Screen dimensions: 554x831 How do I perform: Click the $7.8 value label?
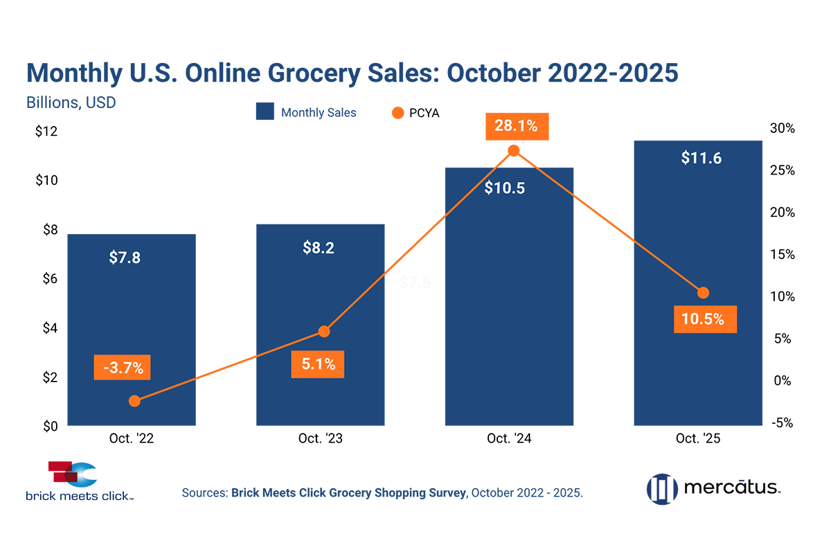(125, 258)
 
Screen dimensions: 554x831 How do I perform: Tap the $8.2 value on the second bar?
(319, 248)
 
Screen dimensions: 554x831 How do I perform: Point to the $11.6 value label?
(702, 158)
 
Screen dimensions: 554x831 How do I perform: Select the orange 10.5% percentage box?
(703, 319)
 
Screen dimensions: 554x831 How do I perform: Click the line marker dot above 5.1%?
(323, 332)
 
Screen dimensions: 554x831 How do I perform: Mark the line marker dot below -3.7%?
(135, 400)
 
